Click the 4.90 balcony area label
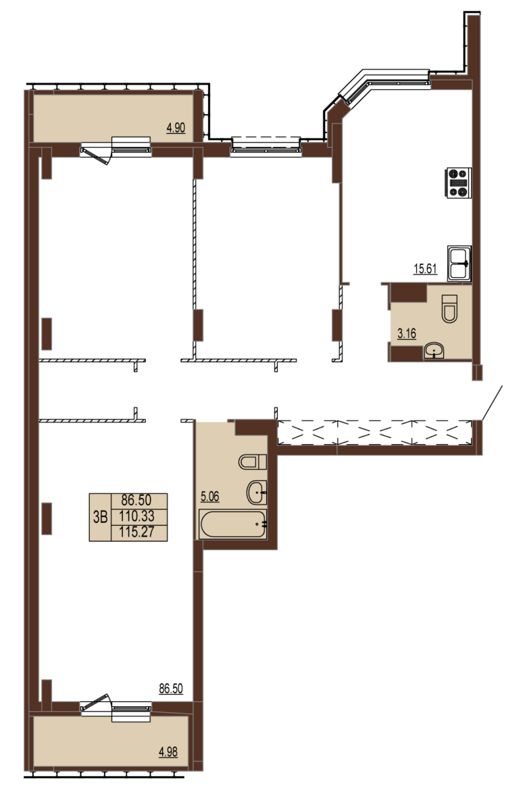click(x=176, y=127)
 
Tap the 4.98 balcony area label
click(x=168, y=752)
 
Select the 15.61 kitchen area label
click(x=426, y=268)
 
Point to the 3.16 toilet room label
click(x=407, y=334)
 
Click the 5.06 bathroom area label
click(x=210, y=496)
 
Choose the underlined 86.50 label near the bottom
click(x=171, y=688)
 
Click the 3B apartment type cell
click(x=100, y=517)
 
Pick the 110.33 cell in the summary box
click(x=137, y=517)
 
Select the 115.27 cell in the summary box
click(x=137, y=532)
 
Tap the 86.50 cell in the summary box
click(x=137, y=501)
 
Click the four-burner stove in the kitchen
click(x=459, y=182)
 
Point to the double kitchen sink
click(x=459, y=264)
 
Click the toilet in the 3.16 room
click(x=450, y=309)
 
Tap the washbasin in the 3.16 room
click(x=435, y=351)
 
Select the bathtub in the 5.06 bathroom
click(x=233, y=524)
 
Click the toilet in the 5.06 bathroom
click(x=253, y=462)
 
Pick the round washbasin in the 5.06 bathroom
click(x=257, y=493)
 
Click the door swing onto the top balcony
click(x=99, y=155)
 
